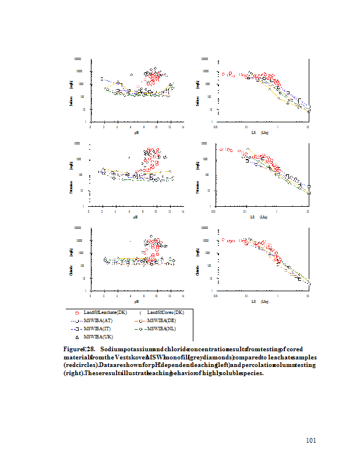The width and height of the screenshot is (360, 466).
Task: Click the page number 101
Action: point(311,440)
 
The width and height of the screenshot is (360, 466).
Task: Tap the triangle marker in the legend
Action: point(77,337)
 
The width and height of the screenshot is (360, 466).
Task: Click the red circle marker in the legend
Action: point(77,313)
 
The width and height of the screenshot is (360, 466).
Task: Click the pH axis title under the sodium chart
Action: point(136,133)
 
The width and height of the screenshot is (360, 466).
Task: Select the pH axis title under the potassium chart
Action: point(135,217)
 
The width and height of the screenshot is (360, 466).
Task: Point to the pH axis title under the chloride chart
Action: point(136,301)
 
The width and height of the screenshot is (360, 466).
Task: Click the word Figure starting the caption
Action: point(73,348)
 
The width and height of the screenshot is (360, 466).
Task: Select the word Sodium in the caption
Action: point(111,348)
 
